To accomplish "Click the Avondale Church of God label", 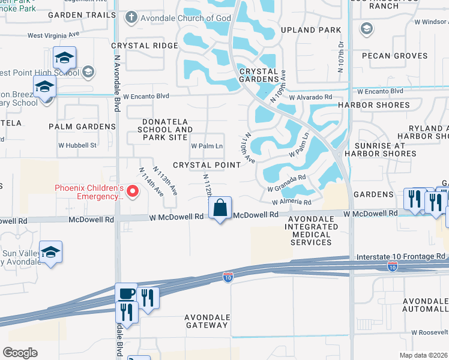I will pos(185,18).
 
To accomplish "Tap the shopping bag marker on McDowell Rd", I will pos(221,209).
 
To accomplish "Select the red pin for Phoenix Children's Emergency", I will pos(133,192).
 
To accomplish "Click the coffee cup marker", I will pos(126,294).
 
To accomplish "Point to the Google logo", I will pos(20,353).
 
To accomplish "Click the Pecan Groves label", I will pos(394,56).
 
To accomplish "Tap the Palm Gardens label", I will pos(82,127).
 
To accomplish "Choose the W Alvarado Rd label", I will pos(310,97).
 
